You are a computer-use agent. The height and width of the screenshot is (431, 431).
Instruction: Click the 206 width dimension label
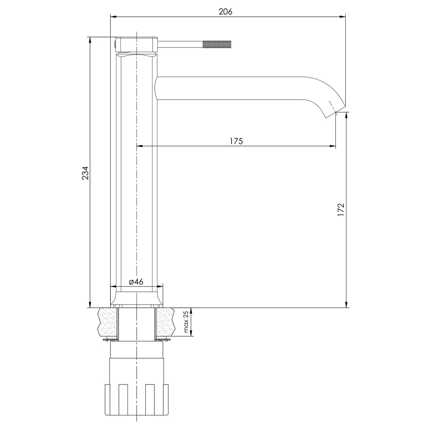point(225,12)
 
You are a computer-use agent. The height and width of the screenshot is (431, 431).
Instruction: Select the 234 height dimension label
point(85,173)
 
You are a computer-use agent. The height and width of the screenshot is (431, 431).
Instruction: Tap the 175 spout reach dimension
point(236,141)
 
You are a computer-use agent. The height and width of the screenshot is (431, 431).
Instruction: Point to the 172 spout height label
point(341,209)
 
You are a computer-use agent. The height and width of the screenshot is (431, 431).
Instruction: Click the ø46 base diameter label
point(136,281)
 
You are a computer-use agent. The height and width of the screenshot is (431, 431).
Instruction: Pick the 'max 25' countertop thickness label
point(186,322)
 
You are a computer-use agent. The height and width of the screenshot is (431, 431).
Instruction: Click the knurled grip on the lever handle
point(217,44)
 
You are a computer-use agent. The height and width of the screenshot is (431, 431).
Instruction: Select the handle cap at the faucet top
point(137,44)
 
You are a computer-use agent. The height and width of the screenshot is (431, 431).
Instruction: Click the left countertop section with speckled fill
point(107,322)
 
